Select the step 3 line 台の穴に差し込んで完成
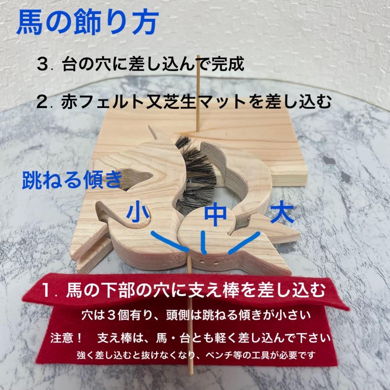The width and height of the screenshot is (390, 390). [x=140, y=65]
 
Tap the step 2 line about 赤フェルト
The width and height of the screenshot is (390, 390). [x=183, y=102]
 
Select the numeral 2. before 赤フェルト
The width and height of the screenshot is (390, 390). [x=44, y=103]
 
